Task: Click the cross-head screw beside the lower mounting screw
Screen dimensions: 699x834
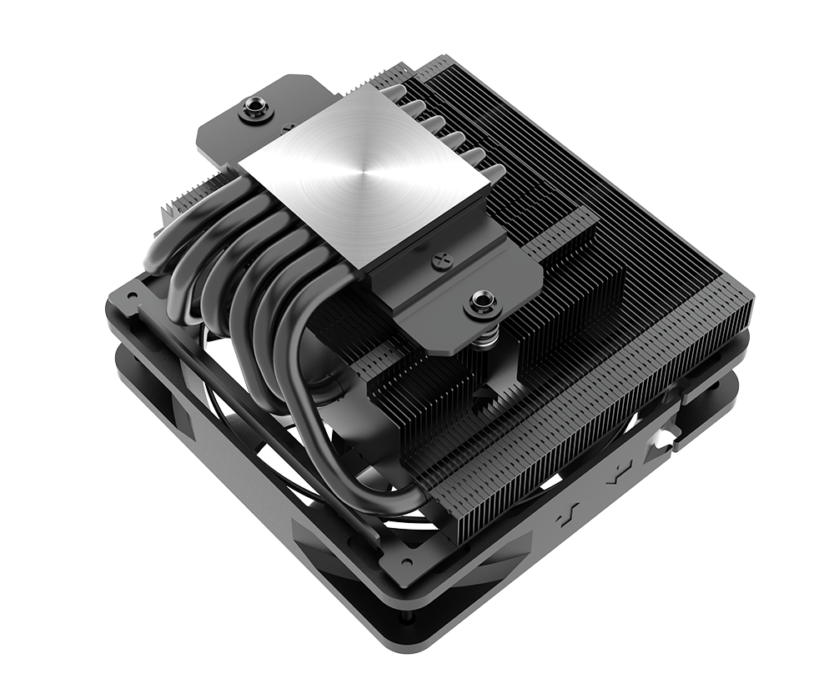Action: (440, 262)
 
